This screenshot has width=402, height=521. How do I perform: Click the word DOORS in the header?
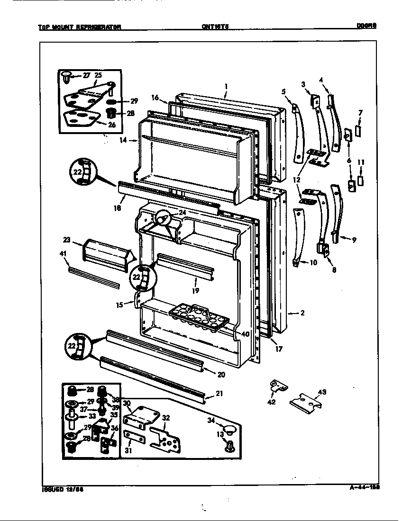pyautogui.click(x=366, y=27)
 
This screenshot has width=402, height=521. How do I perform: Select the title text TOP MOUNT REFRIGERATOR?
pyautogui.click(x=79, y=27)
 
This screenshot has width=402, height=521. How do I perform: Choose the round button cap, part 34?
pyautogui.click(x=229, y=430)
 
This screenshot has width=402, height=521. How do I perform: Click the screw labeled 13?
pyautogui.click(x=230, y=446)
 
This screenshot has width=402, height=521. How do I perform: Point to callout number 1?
pyautogui.click(x=226, y=86)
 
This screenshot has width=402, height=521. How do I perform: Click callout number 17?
pyautogui.click(x=278, y=350)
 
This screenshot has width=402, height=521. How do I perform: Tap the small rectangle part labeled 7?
pyautogui.click(x=358, y=130)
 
